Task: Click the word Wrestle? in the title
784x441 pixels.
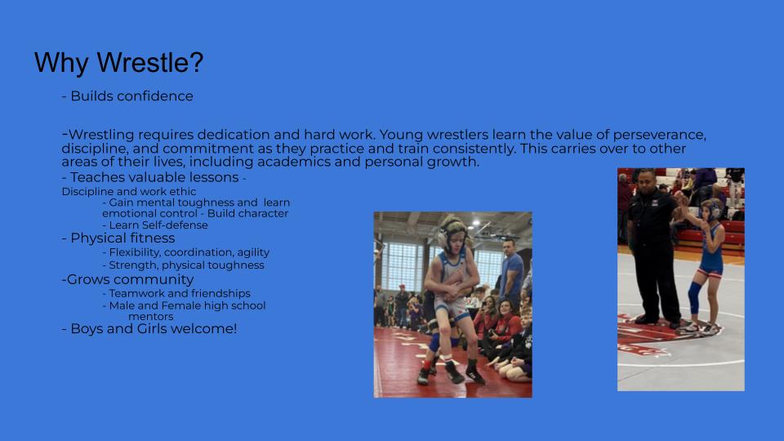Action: [150, 63]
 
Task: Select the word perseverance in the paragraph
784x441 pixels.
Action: [660, 135]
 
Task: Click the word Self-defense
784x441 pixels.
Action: [178, 225]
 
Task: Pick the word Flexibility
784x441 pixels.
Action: [134, 252]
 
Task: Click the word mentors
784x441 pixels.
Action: [150, 317]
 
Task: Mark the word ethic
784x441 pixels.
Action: [183, 191]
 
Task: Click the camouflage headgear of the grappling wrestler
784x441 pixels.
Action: [452, 229]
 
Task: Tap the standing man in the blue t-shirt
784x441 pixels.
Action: [511, 273]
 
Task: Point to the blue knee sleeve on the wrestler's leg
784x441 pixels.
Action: [694, 299]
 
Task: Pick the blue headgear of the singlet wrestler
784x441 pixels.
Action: [712, 209]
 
